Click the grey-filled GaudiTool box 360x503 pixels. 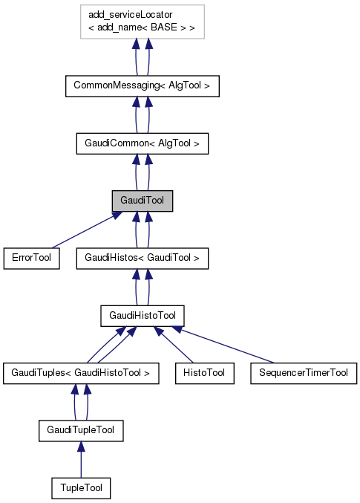pos(142,201)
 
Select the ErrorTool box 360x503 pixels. pos(31,258)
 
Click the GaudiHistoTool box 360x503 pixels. pos(142,316)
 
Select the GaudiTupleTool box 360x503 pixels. pos(81,430)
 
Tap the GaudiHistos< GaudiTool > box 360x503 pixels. pos(142,258)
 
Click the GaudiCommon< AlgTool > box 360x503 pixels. pos(142,143)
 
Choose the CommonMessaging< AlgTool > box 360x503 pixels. pos(142,86)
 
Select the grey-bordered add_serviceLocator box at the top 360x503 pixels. pos(142,23)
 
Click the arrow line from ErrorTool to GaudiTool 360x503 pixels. pos(82,231)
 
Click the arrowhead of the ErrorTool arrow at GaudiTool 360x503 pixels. pos(116,215)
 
